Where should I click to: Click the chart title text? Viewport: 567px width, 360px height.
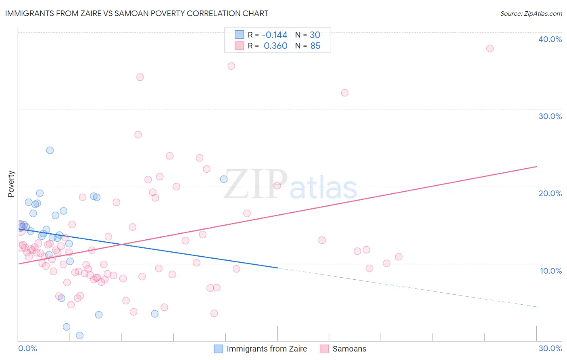[x=137, y=13]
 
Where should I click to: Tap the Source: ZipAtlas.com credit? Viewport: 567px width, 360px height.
[x=531, y=13]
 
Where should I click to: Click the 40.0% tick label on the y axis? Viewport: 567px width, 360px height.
[x=550, y=39]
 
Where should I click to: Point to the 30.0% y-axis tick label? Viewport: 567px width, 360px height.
[x=550, y=116]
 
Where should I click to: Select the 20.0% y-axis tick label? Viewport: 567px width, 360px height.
[x=550, y=193]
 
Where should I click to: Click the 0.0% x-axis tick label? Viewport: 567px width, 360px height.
[x=27, y=348]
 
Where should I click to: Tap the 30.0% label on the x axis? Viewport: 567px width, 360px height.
[x=550, y=348]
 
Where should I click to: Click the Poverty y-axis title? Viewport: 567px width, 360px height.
[x=11, y=184]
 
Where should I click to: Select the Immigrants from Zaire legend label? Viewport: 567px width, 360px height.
[x=267, y=349]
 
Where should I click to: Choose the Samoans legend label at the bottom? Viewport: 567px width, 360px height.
[x=349, y=349]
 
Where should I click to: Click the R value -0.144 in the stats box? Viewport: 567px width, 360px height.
[x=274, y=35]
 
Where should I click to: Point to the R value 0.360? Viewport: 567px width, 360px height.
[x=275, y=46]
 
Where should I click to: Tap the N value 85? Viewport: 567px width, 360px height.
[x=315, y=46]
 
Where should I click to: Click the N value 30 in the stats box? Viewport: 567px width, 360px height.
[x=315, y=35]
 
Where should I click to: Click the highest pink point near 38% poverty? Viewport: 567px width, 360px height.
[x=490, y=48]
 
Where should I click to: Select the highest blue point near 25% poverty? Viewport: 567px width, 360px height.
[x=50, y=150]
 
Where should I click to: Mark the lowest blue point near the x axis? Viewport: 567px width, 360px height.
[x=79, y=335]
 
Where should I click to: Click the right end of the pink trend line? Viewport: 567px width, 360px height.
[x=536, y=167]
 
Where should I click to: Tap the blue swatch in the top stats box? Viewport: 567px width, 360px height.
[x=239, y=35]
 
